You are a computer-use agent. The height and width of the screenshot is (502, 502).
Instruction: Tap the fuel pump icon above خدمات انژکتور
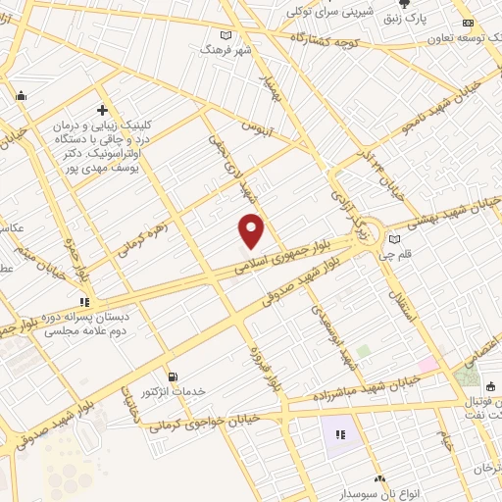174,376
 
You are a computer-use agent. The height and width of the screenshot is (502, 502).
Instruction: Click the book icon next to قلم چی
394,238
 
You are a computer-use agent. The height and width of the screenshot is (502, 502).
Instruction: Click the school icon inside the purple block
342,433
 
